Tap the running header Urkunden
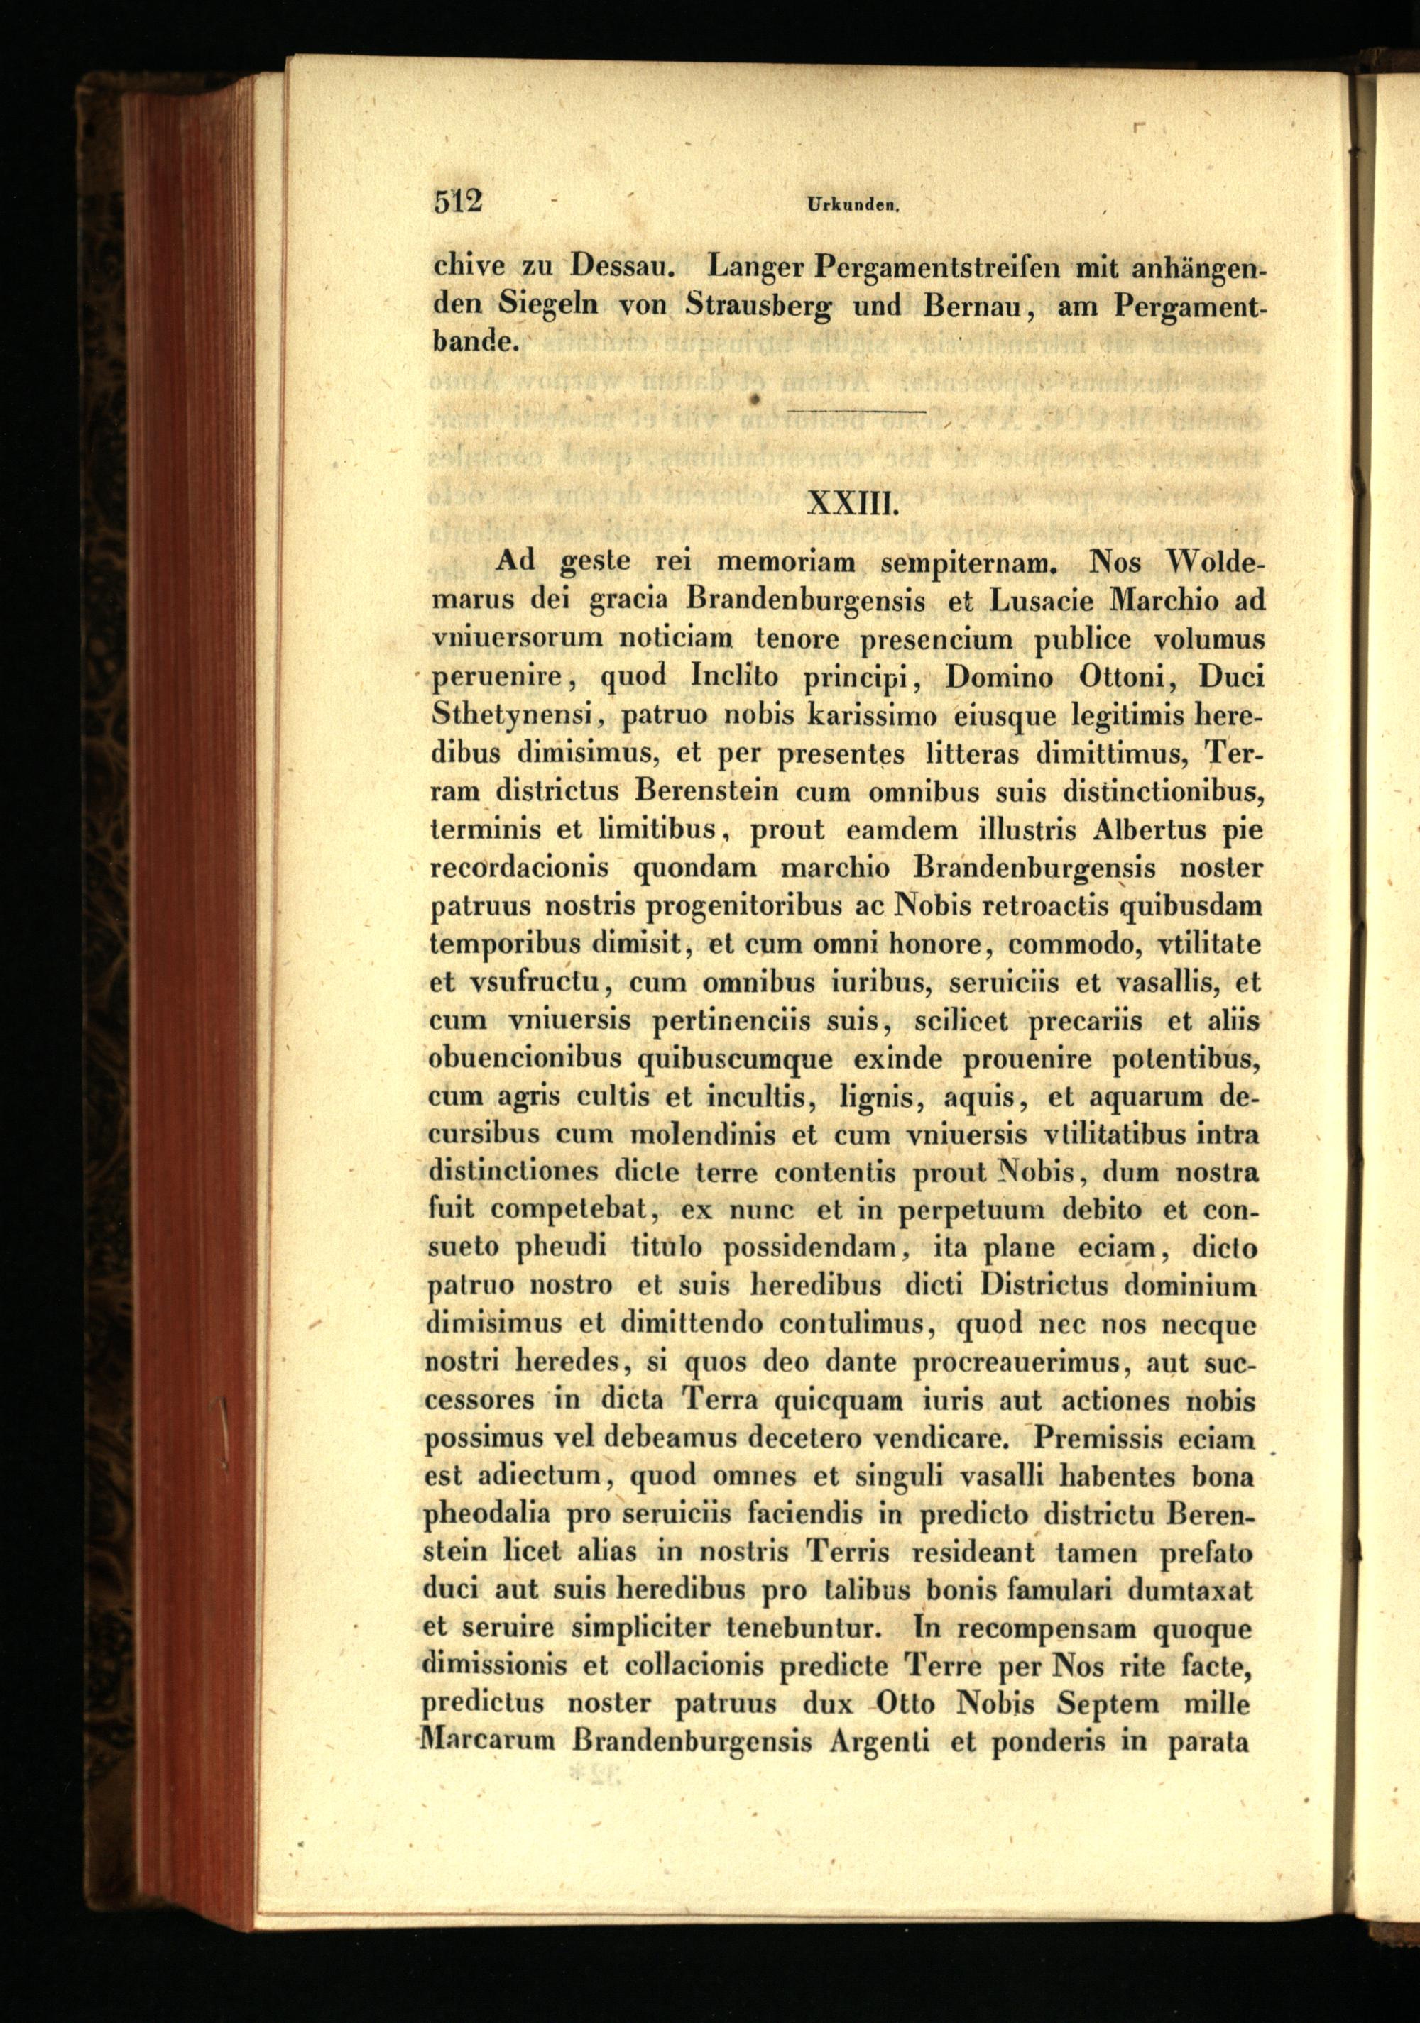[851, 205]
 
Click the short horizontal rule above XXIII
[856, 412]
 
